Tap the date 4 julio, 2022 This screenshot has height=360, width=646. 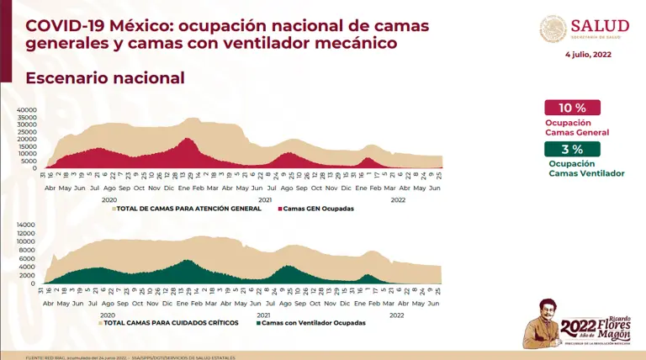coord(588,55)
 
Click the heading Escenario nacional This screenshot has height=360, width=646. coord(105,78)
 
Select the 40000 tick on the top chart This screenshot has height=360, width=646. coord(27,109)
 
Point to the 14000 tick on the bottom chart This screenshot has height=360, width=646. coord(27,225)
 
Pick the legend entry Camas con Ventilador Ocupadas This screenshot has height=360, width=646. coord(313,323)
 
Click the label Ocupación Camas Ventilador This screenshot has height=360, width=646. coord(586,168)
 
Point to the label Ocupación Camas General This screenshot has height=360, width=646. coord(576,127)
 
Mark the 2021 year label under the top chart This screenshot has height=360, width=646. coord(265,199)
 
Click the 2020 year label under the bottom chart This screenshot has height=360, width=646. coord(109,315)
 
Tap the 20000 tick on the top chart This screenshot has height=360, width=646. coord(27,139)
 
